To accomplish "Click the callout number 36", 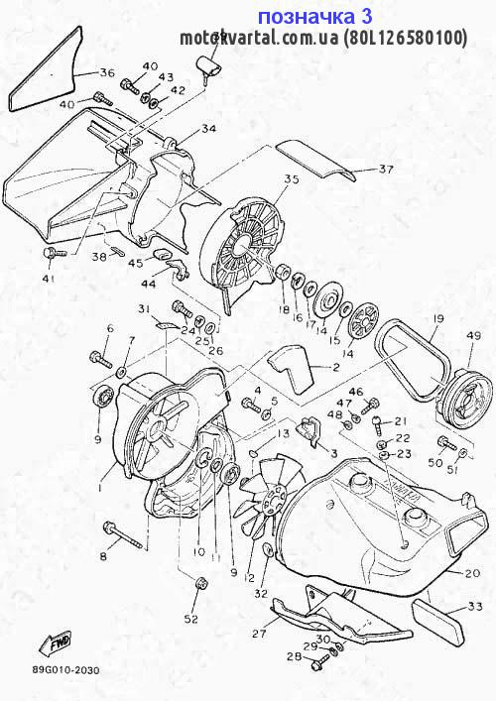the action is tap(107, 72).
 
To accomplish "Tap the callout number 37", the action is tap(386, 169).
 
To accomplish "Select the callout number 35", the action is tap(291, 179).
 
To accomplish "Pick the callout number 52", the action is tap(190, 620).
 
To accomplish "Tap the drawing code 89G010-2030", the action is tap(65, 670).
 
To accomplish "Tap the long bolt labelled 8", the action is tap(123, 543).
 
